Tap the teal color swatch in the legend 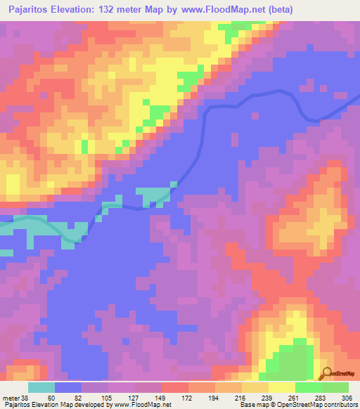41,387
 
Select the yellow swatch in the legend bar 281,387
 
